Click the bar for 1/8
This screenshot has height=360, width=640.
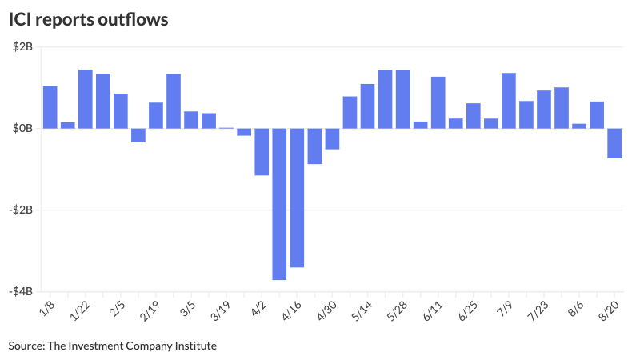pyautogui.click(x=50, y=106)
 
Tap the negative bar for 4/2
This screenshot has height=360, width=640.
pyautogui.click(x=262, y=151)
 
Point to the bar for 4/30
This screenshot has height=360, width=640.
pyautogui.click(x=332, y=138)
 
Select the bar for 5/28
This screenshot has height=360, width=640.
pyautogui.click(x=402, y=99)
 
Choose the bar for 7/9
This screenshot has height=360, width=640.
pyautogui.click(x=508, y=100)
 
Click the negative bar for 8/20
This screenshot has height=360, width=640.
pyautogui.click(x=614, y=143)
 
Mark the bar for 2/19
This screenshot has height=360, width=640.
pyautogui.click(x=155, y=115)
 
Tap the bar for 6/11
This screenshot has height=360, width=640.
pyautogui.click(x=438, y=102)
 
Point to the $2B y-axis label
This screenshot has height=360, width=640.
pyautogui.click(x=22, y=47)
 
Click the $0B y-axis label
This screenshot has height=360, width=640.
pyautogui.click(x=22, y=128)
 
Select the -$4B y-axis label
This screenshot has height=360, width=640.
pyautogui.click(x=21, y=291)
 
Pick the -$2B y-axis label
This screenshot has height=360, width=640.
pyautogui.click(x=21, y=210)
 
